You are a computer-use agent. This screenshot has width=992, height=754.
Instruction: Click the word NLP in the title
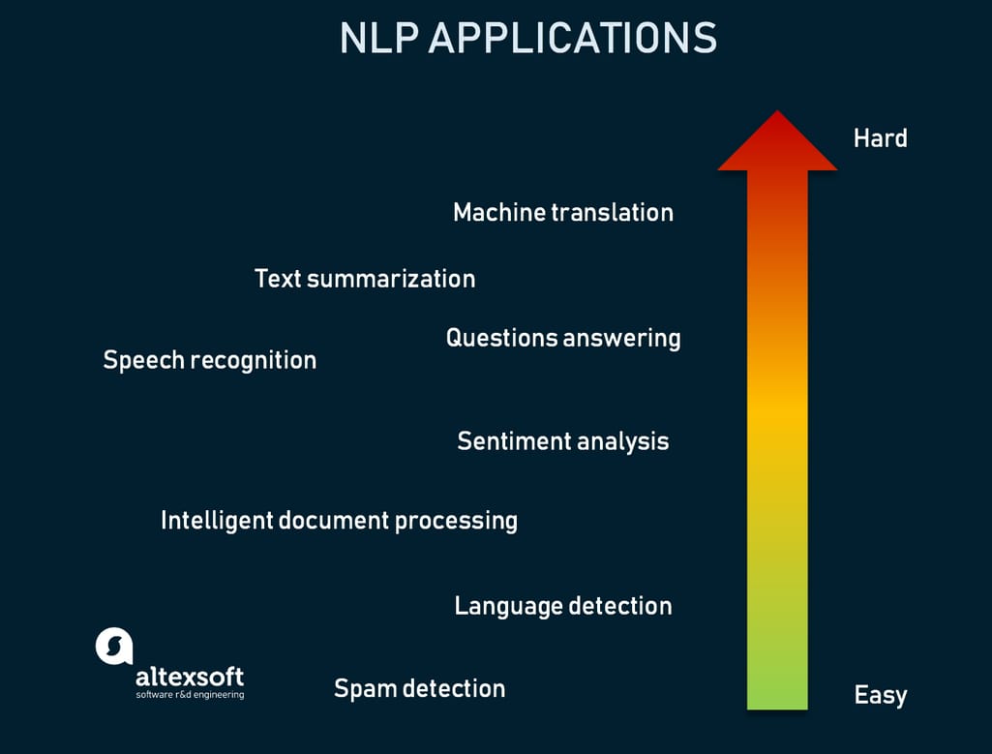pos(379,38)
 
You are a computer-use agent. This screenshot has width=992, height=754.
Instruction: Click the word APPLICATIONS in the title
pos(572,38)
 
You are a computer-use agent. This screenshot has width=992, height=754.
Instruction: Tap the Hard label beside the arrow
pos(880,138)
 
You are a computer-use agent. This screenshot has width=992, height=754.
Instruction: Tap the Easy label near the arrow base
pos(880,695)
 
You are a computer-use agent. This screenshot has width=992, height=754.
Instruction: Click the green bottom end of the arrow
pos(777,697)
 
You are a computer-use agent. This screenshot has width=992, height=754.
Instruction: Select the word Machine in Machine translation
pos(498,212)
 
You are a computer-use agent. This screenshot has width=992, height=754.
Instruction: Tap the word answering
pos(622,339)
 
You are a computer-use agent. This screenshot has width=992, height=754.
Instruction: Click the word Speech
pos(143,360)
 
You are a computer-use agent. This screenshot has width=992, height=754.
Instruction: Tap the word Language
pos(508,607)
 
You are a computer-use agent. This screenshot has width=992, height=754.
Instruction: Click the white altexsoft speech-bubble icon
pos(113,646)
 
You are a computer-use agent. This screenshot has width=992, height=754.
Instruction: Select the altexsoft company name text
pos(189,676)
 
